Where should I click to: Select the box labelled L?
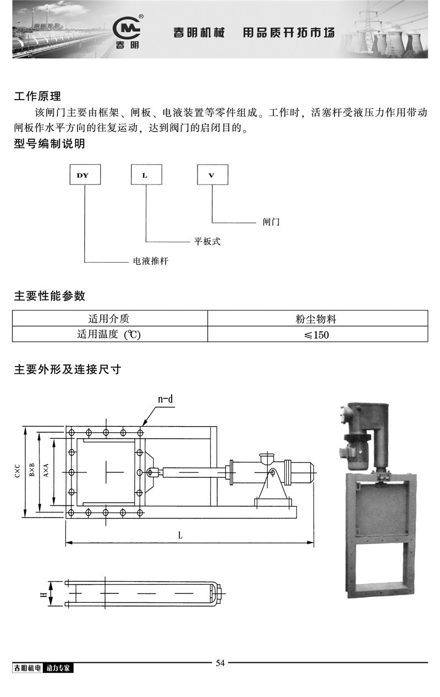(146, 175)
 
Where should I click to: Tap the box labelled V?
(212, 175)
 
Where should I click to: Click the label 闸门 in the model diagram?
(271, 222)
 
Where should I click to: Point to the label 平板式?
(207, 241)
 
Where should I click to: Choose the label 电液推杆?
(151, 261)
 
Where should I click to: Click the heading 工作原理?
(37, 97)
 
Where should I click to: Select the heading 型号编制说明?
(50, 145)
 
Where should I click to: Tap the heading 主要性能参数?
(50, 296)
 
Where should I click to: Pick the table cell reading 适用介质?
(110, 318)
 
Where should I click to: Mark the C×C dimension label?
(18, 471)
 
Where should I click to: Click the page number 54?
(220, 663)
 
